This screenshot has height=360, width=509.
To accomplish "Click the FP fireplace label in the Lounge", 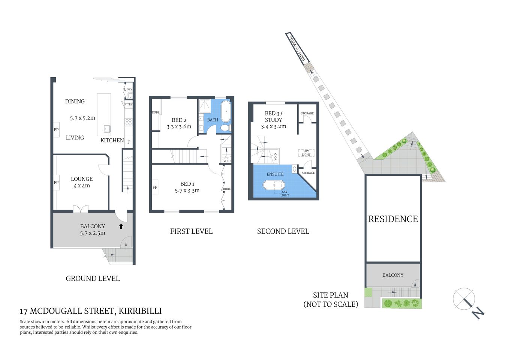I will pyautogui.click(x=56, y=183).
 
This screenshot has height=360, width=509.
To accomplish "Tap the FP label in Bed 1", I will pyautogui.click(x=155, y=187).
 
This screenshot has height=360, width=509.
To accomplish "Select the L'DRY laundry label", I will pyautogui.click(x=128, y=89).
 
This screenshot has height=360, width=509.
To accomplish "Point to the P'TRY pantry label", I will pyautogui.click(x=129, y=104).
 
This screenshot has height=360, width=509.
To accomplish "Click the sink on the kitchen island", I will pyautogui.click(x=107, y=129).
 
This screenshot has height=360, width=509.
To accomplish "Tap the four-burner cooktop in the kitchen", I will pyautogui.click(x=129, y=122).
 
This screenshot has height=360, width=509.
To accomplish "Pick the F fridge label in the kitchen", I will pyautogui.click(x=129, y=142).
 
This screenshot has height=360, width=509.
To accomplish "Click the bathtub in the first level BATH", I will pyautogui.click(x=226, y=111).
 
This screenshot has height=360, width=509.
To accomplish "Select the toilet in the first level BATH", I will pyautogui.click(x=225, y=128).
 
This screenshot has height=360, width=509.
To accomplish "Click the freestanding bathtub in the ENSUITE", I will pyautogui.click(x=274, y=185).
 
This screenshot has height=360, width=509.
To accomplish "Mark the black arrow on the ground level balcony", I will pyautogui.click(x=121, y=226).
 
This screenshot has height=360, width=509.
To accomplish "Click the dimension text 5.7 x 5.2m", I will pyautogui.click(x=82, y=118).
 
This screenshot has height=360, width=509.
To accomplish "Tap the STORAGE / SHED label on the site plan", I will pyautogui.click(x=297, y=48).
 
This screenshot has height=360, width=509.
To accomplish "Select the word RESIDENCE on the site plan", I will pyautogui.click(x=393, y=219).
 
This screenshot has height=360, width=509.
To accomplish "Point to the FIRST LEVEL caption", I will pyautogui.click(x=191, y=231).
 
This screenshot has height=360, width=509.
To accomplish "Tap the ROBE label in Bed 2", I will pyautogui.click(x=156, y=112).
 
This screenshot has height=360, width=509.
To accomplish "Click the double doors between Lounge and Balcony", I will pyautogui.click(x=81, y=208).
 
